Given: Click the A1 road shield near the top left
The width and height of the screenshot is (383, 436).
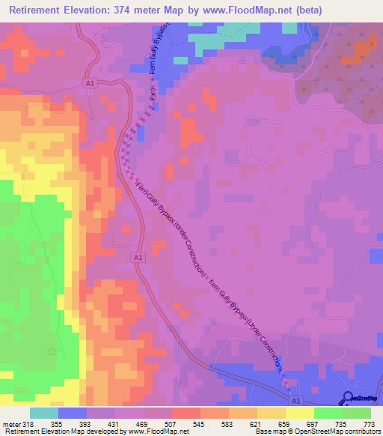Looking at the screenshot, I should coord(91,85).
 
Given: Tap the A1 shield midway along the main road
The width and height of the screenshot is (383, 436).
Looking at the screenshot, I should coord(138,257).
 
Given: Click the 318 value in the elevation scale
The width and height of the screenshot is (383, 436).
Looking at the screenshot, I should coord(28,424).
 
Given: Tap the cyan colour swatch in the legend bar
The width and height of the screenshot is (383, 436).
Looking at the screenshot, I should coord(44,413).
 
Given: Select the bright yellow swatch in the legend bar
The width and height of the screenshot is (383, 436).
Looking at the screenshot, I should coord(300,413).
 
